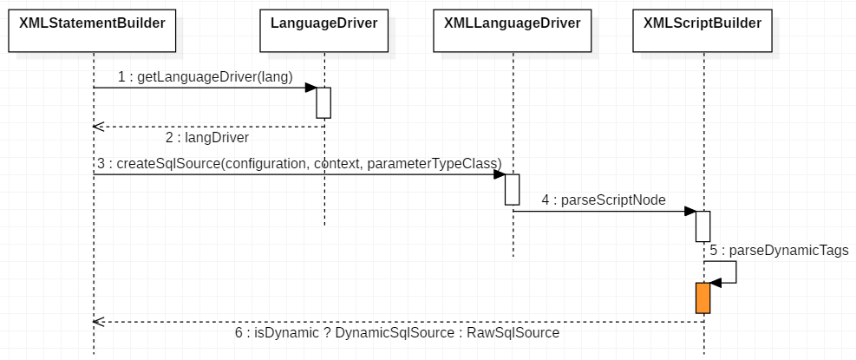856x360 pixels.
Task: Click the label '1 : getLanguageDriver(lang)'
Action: point(206,77)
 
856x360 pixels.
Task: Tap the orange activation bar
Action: point(702,298)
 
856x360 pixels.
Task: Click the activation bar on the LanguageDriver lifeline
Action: point(323,102)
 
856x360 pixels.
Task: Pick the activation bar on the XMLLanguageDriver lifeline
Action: point(513,189)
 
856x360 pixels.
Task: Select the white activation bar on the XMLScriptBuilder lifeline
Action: point(702,226)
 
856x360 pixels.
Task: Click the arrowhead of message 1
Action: point(310,88)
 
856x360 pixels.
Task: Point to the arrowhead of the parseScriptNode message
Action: point(689,211)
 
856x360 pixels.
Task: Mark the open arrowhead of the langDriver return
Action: point(98,127)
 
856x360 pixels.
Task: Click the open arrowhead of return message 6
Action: point(98,322)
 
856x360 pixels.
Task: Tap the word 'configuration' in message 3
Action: point(265,163)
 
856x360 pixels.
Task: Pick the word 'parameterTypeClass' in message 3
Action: point(435,163)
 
